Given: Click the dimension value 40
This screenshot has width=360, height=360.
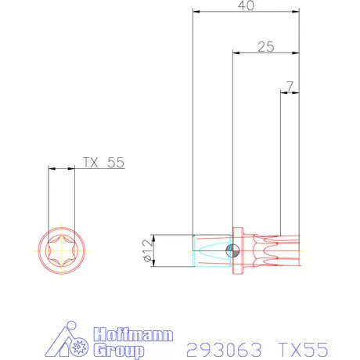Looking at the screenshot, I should point(246,5).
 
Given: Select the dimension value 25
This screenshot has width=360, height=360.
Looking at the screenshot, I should point(265,47).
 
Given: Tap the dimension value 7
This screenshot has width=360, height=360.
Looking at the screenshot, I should point(290,85).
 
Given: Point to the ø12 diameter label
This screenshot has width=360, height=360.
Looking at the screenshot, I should point(146,251).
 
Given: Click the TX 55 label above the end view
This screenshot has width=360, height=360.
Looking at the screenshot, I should point(103,163).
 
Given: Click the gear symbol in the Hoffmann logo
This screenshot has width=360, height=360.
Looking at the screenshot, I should point(78,346).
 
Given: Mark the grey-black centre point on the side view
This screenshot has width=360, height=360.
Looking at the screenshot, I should point(231,250).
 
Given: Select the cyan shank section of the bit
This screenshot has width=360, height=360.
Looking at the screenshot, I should point(210,250).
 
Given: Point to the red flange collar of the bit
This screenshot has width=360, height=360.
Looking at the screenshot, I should point(239,250).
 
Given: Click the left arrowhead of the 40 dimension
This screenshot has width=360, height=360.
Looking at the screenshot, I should point(196,13).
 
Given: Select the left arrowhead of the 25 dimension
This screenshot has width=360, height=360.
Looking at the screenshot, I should point(236,53).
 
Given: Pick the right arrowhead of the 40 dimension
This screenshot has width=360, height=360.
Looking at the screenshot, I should point(297,13).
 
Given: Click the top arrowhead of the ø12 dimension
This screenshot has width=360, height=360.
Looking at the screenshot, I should point(153,237).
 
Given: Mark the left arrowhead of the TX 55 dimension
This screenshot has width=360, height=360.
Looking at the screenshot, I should point(50,168).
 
